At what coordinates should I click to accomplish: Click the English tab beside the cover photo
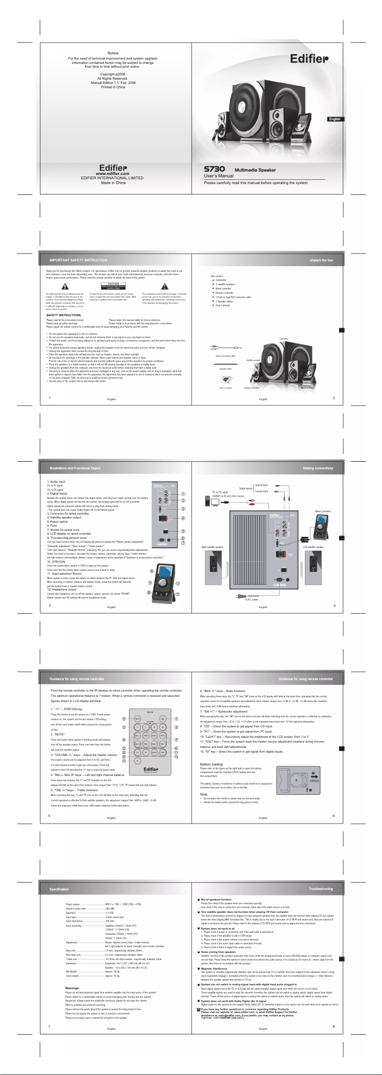click(x=334, y=119)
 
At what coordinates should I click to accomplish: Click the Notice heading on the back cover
click(x=113, y=53)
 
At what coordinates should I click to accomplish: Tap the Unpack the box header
click(x=321, y=260)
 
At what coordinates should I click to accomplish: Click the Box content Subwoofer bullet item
click(x=221, y=280)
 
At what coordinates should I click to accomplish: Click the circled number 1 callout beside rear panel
click(x=183, y=494)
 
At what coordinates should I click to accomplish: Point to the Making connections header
click(x=318, y=468)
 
